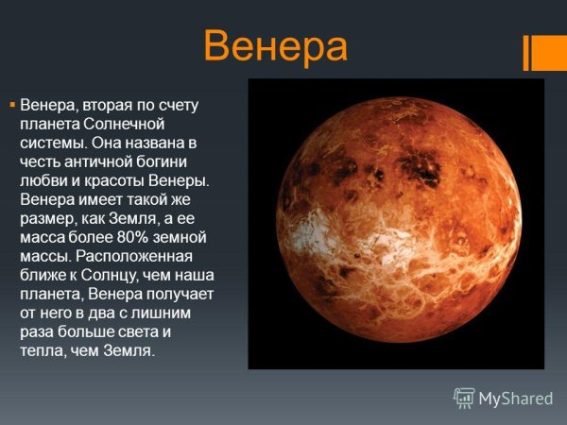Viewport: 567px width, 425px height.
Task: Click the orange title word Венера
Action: [275, 44]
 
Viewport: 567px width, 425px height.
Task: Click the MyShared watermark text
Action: [515, 398]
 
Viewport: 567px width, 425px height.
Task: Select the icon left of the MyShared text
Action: [464, 398]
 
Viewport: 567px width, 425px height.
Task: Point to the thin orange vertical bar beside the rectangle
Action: [525, 52]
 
